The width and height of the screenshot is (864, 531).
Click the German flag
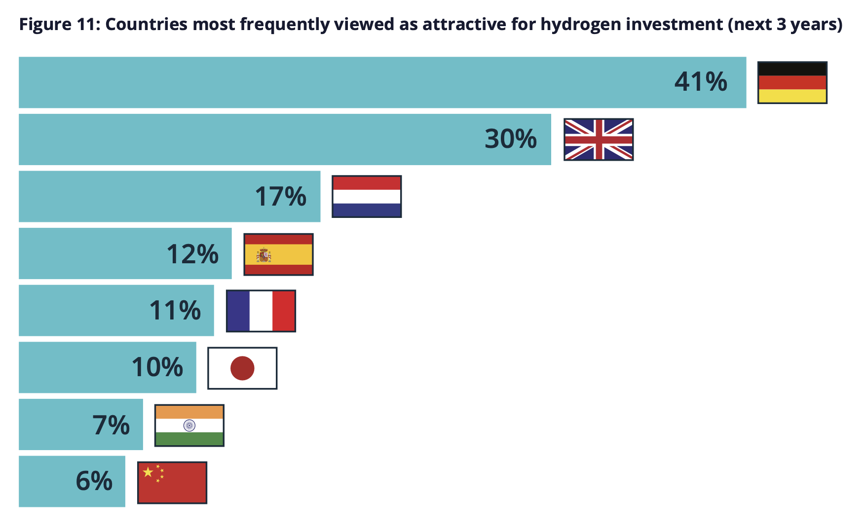coord(792,82)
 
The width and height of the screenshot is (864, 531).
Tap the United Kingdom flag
coord(599,140)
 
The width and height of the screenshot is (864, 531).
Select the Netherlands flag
coord(367,196)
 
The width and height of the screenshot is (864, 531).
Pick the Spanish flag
coord(278,254)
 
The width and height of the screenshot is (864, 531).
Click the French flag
coord(261,311)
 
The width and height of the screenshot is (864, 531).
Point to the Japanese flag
coord(242,368)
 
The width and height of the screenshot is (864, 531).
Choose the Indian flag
coord(189,425)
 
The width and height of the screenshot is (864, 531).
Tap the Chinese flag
coord(172,483)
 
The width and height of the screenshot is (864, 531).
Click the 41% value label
coord(701,82)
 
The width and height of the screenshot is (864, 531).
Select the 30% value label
coord(511,139)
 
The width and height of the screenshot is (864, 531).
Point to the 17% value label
coord(281,196)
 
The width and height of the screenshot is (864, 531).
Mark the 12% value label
coord(192,254)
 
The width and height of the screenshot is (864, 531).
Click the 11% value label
coord(175,311)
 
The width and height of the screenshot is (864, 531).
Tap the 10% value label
coord(157,368)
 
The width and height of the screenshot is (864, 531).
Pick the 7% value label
coord(111,425)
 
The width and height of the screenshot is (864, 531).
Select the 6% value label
coord(94,481)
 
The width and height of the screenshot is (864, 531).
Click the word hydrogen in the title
coord(581,24)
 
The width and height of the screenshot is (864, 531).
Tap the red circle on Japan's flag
coord(242,368)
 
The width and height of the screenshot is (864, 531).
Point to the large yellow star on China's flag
coord(148,472)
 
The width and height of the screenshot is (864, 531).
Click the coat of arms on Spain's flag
coord(263,255)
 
